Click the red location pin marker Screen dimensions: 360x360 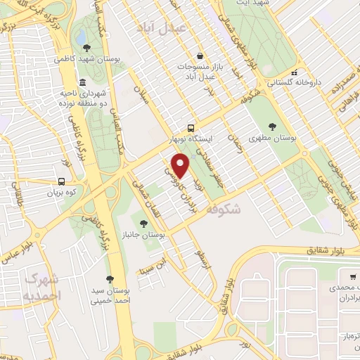pos(181,166)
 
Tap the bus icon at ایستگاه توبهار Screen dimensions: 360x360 pos(191,128)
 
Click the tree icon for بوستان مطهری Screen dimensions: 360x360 pos(271,126)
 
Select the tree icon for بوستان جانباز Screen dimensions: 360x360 pos(143,224)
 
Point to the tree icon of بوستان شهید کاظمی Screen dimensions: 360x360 pos(86,48)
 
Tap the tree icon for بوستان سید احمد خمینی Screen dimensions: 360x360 pos(110,278)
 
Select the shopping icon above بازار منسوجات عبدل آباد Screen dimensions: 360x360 pos(200,56)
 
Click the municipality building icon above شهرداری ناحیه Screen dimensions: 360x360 pos(82,82)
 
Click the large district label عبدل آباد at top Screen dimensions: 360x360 pos(163,27)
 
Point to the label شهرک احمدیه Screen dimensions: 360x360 pos(43,287)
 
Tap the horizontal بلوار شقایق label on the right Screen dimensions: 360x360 pos(328,250)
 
